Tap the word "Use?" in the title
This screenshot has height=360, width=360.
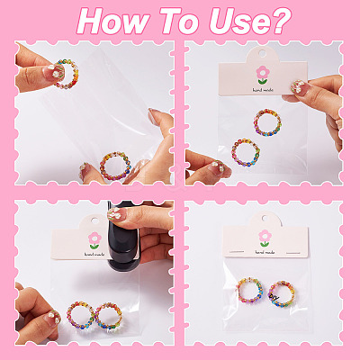point(250,22)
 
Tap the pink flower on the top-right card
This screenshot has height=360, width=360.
point(263,72)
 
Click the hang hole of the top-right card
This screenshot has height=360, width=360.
point(263,54)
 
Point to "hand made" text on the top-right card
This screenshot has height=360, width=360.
point(263,90)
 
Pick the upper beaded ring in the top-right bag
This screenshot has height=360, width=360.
point(255,123)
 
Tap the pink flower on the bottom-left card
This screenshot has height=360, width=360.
point(94,238)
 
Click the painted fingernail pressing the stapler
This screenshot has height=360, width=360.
point(114,214)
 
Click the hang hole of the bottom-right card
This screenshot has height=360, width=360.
point(265,218)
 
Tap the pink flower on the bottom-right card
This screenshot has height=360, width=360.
point(265,236)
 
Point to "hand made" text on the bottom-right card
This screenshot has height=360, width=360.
point(265,253)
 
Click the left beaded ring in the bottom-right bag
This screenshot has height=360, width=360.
point(238,291)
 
